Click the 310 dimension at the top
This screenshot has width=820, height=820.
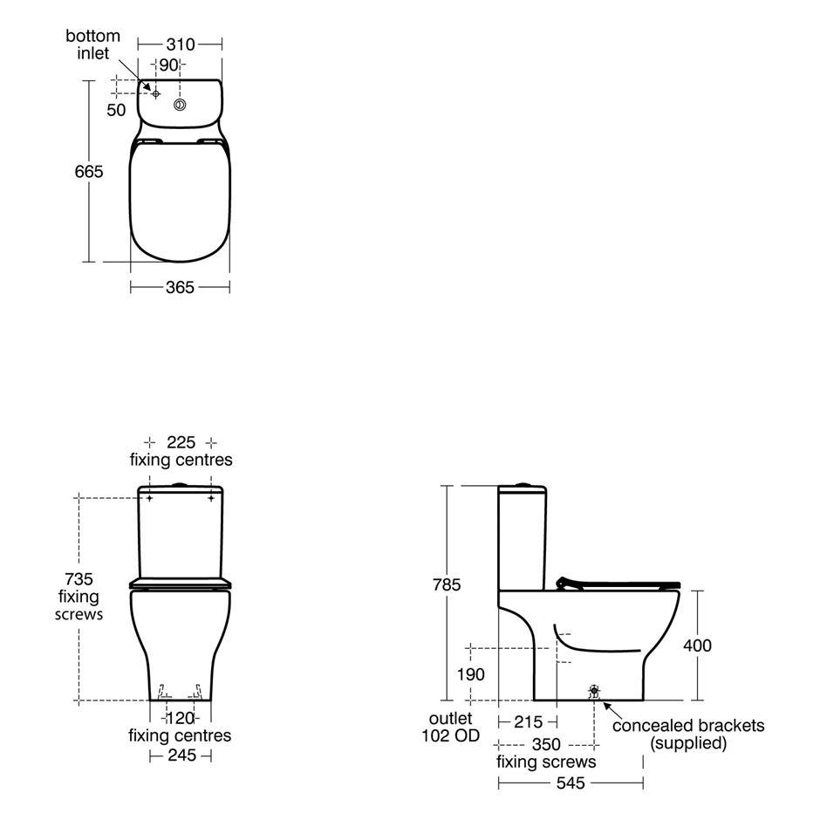point(181,44)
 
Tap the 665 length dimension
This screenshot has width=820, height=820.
point(89,172)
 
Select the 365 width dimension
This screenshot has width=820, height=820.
point(180,287)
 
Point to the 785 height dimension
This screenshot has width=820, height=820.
point(447,584)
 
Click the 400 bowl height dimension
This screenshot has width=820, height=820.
point(697,646)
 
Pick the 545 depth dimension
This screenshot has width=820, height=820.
point(571,782)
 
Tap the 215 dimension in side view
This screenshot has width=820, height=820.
point(528,722)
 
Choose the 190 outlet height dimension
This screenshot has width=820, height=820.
point(471,674)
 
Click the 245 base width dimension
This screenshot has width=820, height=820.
point(182,755)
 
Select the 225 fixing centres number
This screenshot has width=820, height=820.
point(181,442)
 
